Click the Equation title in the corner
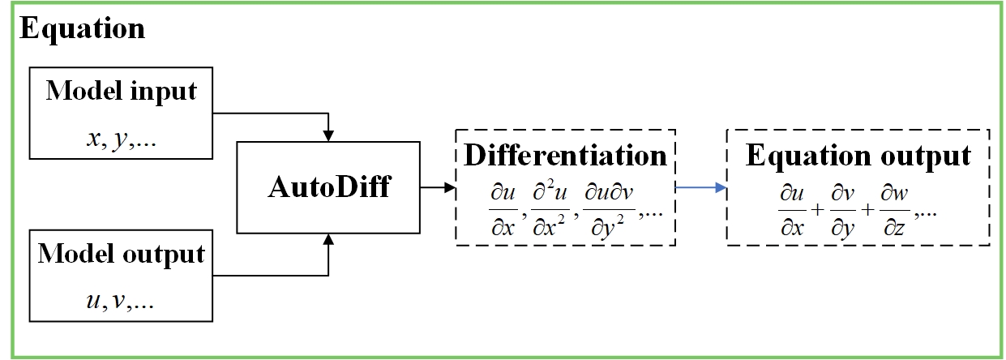pyautogui.click(x=82, y=29)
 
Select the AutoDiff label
pyautogui.click(x=329, y=188)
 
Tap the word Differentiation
pyautogui.click(x=565, y=156)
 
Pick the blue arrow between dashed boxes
pyautogui.click(x=700, y=187)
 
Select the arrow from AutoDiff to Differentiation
pyautogui.click(x=438, y=187)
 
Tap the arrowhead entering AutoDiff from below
pyautogui.click(x=327, y=241)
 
